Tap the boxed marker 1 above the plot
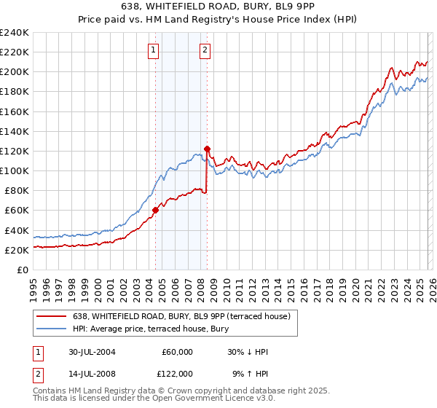point(154,50)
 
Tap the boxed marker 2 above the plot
point(205,50)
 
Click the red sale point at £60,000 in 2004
point(155,210)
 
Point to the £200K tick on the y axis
point(15,72)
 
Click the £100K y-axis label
point(15,170)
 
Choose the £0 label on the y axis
point(23,270)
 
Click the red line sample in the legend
point(52,315)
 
